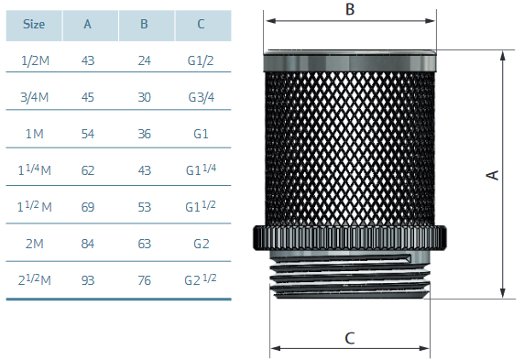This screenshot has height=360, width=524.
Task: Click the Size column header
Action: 34,24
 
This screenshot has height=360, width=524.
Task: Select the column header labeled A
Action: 87,24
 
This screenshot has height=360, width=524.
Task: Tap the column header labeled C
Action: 201,24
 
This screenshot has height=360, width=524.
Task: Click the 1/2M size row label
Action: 35,60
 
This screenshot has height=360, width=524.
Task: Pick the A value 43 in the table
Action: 88,60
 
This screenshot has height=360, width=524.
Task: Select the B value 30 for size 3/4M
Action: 145,97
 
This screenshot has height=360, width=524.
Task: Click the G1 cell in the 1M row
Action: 201,134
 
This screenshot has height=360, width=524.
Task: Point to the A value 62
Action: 88,170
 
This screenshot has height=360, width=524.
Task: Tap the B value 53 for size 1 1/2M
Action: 145,207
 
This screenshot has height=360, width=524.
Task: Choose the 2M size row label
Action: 35,244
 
